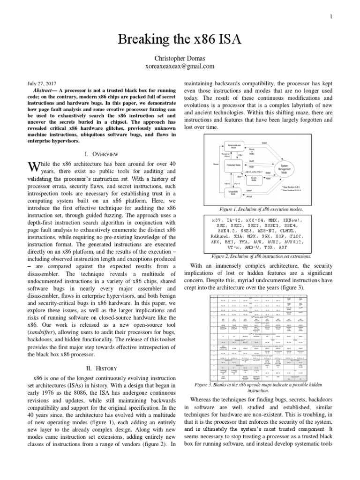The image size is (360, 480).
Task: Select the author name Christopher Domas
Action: click(180, 58)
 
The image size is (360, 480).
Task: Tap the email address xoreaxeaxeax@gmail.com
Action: click(180, 67)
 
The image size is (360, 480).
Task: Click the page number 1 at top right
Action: click(331, 17)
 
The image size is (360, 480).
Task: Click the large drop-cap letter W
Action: click(32, 168)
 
